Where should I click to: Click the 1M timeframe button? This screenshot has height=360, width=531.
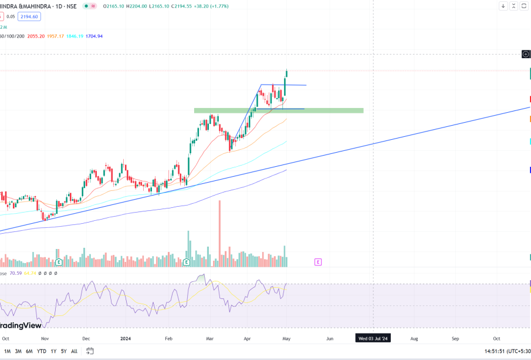tap(7, 351)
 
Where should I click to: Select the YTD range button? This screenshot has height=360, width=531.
tap(42, 351)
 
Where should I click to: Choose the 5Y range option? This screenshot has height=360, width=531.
tap(64, 351)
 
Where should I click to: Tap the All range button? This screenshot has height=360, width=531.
tap(74, 351)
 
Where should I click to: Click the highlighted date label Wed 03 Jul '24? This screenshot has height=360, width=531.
tap(374, 338)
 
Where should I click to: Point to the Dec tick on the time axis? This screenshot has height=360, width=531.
tap(86, 338)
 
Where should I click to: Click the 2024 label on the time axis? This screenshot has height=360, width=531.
tap(125, 338)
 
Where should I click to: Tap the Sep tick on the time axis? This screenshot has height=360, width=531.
tap(455, 338)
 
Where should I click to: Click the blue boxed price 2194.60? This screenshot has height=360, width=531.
tap(29, 16)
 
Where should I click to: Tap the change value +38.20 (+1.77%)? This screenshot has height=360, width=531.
tap(207, 6)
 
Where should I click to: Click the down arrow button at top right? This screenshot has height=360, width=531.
tap(503, 6)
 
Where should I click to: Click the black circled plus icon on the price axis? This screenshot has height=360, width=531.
tap(526, 54)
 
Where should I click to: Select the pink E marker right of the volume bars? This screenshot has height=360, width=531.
tap(318, 261)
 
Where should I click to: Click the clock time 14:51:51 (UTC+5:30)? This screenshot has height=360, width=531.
tap(506, 351)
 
